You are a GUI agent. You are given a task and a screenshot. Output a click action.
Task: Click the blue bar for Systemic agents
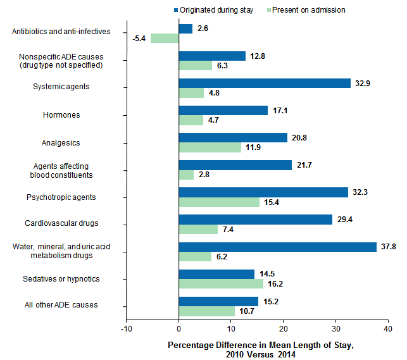tap(265, 84)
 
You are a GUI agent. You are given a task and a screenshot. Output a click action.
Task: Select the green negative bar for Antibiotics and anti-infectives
tap(165, 38)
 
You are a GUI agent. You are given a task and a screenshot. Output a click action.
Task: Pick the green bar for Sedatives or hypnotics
tap(221, 284)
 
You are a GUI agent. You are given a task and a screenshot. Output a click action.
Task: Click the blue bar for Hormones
tap(223, 111)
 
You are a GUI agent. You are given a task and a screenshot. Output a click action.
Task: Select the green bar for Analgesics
tap(210, 147)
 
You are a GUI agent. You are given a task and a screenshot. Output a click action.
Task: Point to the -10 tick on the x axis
tap(127, 329)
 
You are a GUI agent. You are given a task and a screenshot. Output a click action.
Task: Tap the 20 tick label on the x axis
tap(283, 329)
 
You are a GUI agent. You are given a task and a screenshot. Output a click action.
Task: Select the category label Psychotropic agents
tap(61, 197)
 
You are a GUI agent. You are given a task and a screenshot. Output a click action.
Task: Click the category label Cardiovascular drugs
tap(61, 224)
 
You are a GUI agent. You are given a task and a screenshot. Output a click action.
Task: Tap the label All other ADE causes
tap(61, 305)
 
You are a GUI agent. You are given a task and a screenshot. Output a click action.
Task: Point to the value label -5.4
tap(140, 39)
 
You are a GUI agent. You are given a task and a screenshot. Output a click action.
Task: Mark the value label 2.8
tap(204, 175)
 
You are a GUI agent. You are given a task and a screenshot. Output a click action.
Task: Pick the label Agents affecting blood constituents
tap(61, 170)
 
